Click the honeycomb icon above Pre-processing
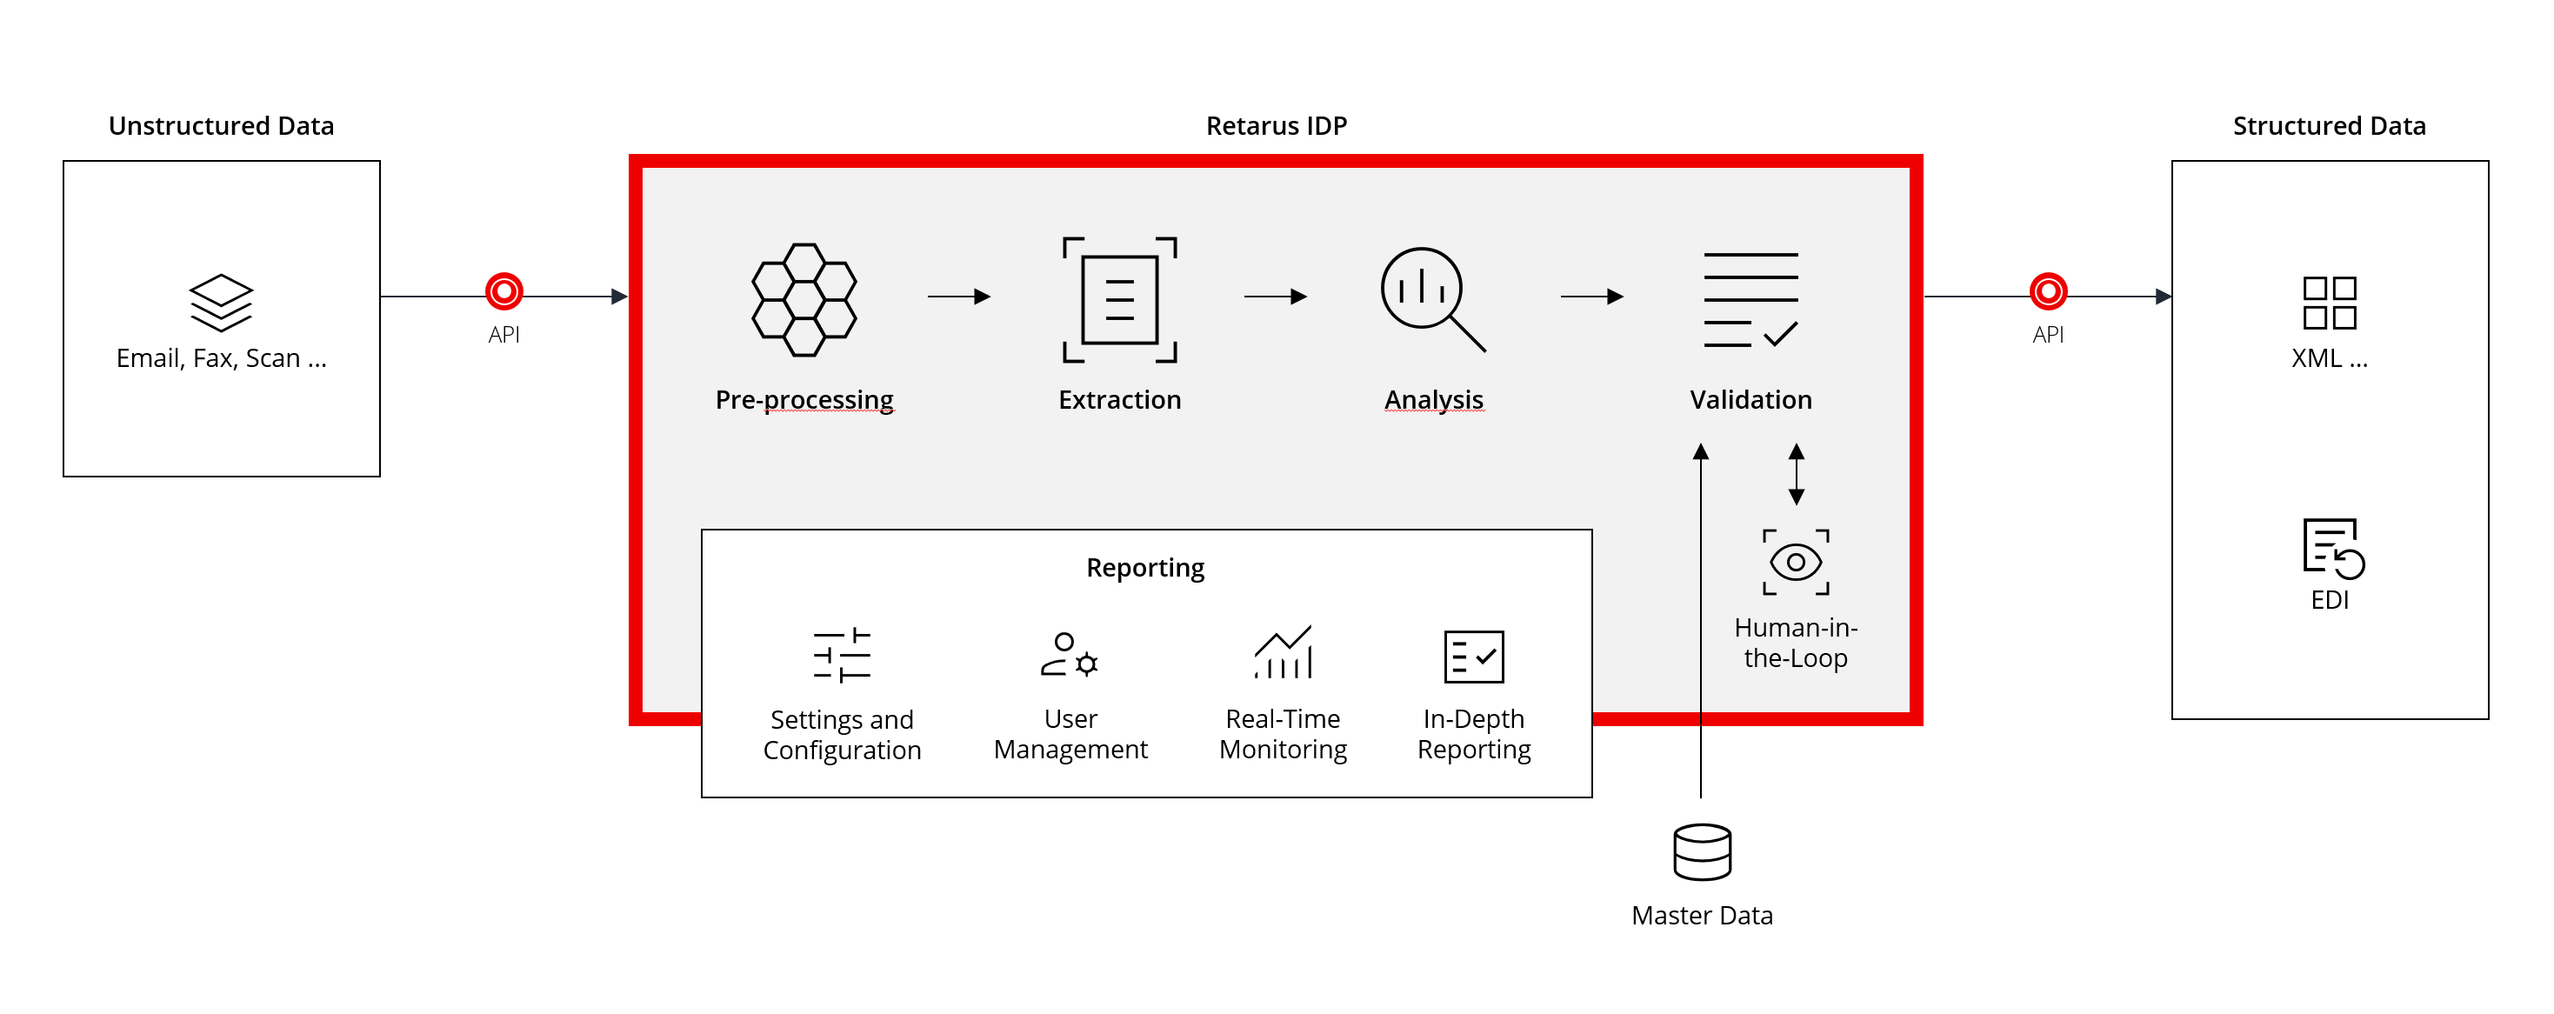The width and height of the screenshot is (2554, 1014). (x=804, y=299)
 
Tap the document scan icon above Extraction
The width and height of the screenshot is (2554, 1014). (x=1119, y=299)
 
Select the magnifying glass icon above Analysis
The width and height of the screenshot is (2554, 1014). (x=1431, y=297)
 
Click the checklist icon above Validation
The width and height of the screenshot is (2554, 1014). (x=1750, y=299)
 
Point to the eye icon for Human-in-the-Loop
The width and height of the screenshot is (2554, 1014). (x=1796, y=562)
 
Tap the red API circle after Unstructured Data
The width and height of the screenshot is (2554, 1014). (x=503, y=291)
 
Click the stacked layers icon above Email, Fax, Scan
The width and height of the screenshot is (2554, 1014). (x=221, y=303)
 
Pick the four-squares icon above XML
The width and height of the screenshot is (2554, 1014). (x=2329, y=303)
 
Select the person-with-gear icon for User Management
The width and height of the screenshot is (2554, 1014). (x=1070, y=655)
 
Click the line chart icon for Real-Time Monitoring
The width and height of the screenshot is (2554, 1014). (x=1283, y=652)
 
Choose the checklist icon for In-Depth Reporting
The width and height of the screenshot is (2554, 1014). (x=1473, y=657)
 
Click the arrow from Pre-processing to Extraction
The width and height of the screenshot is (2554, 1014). (x=959, y=297)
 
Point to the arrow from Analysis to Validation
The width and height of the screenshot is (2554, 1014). (x=1591, y=297)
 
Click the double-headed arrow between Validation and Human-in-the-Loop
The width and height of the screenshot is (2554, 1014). (x=1796, y=474)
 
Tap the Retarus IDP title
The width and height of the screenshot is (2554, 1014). (x=1276, y=126)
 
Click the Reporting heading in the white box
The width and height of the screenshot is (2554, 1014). (x=1145, y=568)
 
